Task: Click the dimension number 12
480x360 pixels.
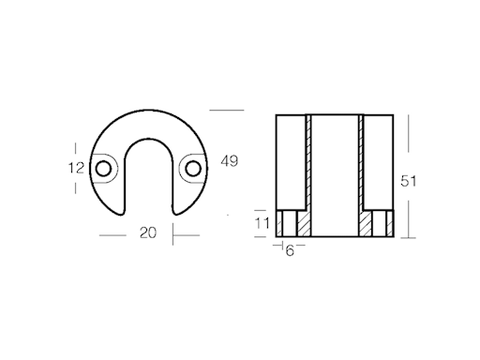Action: click(x=76, y=168)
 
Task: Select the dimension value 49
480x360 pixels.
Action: click(x=230, y=161)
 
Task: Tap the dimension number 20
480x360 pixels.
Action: click(x=148, y=232)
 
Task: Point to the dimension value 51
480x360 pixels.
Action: click(x=409, y=181)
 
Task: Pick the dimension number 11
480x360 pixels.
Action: click(x=262, y=224)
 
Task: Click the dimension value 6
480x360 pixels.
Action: click(x=290, y=250)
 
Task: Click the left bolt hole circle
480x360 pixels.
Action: click(x=103, y=169)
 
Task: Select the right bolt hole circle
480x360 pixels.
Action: click(x=193, y=169)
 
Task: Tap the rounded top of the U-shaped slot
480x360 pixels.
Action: click(x=149, y=139)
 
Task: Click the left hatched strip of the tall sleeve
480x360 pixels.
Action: click(x=309, y=162)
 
